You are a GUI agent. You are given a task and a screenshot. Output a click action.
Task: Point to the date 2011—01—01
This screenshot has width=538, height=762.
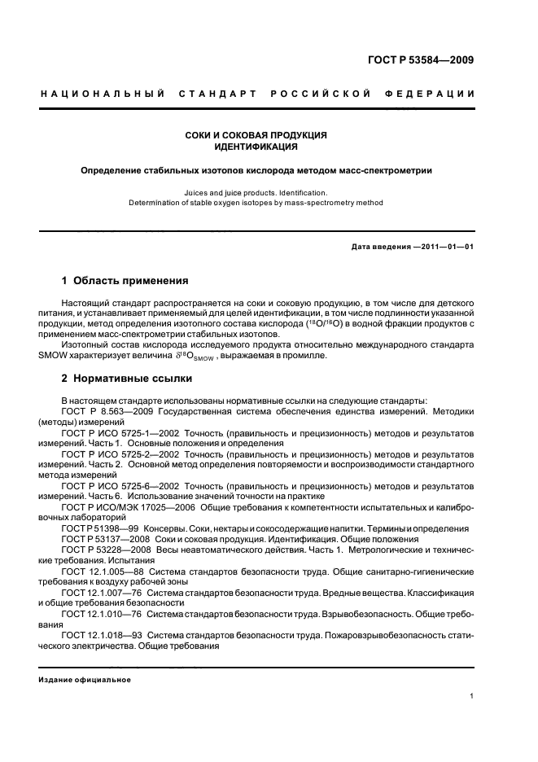click(446, 246)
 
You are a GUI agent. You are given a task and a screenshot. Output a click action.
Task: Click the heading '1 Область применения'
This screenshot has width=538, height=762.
click(125, 281)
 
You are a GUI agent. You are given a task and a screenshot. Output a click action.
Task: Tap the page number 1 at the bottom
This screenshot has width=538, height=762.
click(472, 696)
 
